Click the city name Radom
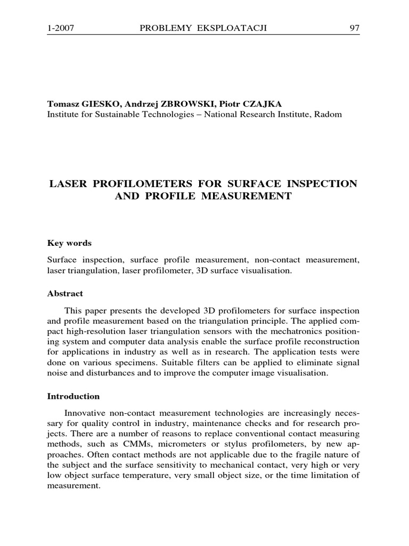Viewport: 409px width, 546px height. tap(331, 114)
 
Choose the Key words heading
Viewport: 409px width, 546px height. tap(69, 243)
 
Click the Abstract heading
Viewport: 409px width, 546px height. tap(65, 293)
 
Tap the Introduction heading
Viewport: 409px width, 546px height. tap(73, 396)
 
